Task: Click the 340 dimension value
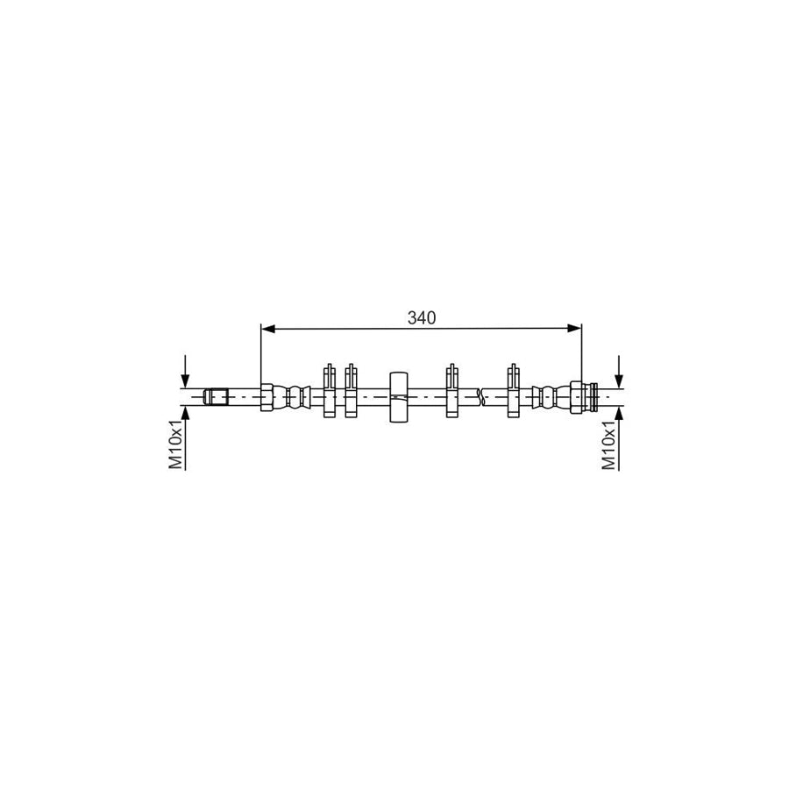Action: [422, 317]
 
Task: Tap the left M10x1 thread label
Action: [175, 444]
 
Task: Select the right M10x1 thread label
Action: [609, 445]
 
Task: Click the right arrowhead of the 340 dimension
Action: [574, 329]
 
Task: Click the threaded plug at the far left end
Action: [216, 396]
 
